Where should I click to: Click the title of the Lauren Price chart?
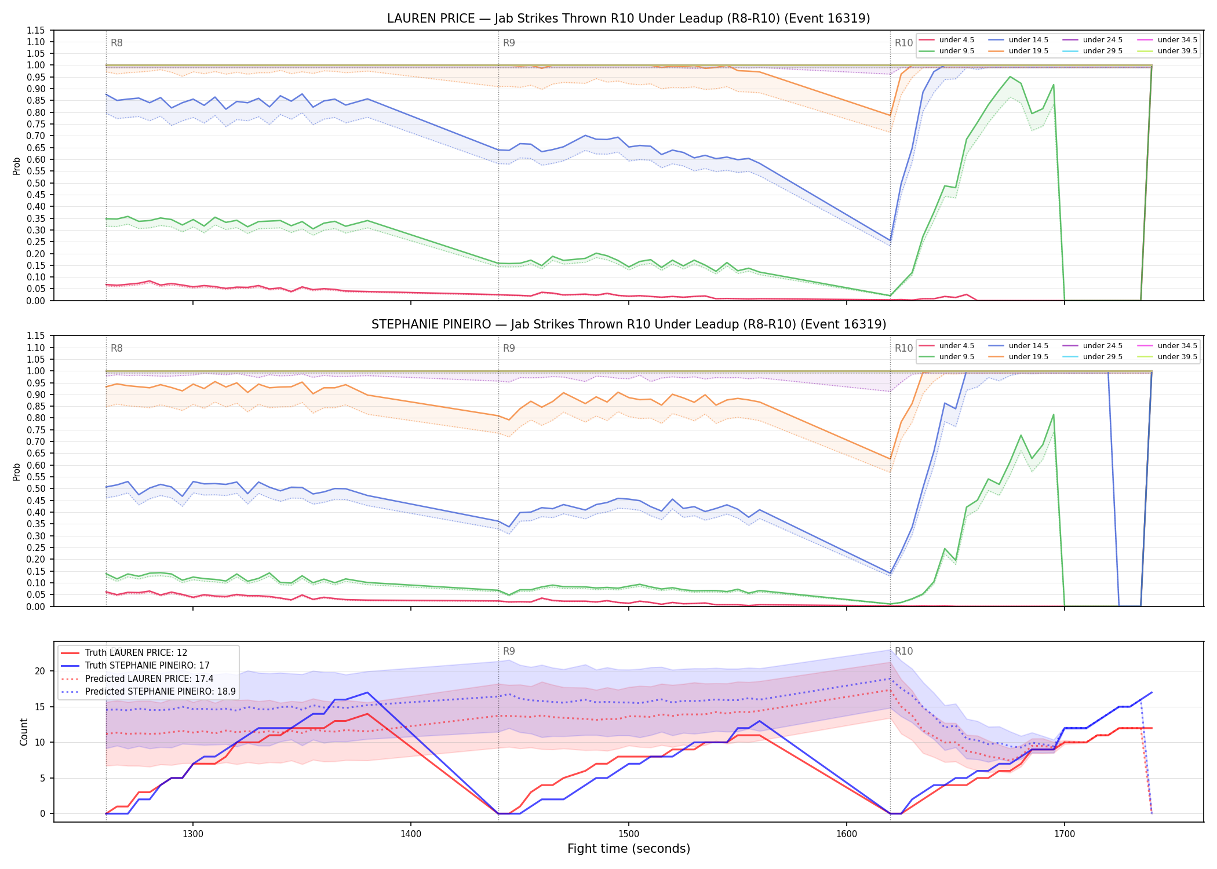[629, 19]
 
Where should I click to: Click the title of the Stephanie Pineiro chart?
[629, 324]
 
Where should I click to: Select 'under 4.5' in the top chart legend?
[957, 40]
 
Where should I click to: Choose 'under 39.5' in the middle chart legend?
[1178, 357]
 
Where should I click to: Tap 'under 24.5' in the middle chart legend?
[1103, 346]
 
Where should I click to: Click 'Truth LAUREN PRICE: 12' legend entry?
[136, 653]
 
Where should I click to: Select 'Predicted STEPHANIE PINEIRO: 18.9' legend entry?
[161, 692]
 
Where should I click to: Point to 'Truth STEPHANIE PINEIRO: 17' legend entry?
[147, 666]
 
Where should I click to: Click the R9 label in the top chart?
[509, 43]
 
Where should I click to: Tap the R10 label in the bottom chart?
[903, 651]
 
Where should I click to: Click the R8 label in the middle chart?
[116, 348]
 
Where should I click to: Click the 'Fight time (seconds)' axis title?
[629, 849]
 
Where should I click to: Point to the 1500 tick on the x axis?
[629, 834]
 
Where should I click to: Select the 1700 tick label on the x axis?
[1065, 834]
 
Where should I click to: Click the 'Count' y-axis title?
[24, 732]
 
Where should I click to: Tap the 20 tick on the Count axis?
[40, 671]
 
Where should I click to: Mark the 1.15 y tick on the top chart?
[36, 30]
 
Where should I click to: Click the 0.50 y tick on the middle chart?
[36, 488]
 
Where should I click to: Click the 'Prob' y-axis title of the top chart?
[17, 166]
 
